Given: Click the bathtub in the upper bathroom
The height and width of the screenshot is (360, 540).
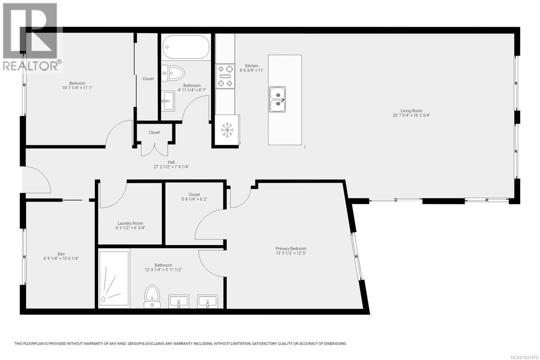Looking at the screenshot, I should click(x=186, y=47).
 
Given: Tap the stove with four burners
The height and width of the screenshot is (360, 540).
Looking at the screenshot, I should click(x=225, y=76).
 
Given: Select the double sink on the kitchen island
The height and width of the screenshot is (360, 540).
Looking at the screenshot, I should click(x=277, y=99).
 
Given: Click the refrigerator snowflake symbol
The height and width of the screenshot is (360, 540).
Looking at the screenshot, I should click(x=227, y=130).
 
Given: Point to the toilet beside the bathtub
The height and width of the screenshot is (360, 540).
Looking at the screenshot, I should click(x=173, y=73).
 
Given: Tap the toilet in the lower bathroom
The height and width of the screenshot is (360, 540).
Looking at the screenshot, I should click(x=152, y=296).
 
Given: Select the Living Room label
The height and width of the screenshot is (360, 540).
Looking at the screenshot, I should click(x=411, y=111).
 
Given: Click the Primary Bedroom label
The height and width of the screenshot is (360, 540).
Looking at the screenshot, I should click(x=291, y=249).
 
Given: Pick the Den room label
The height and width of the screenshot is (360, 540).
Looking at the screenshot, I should click(x=61, y=254).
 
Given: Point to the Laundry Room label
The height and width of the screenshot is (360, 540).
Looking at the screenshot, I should click(x=130, y=223).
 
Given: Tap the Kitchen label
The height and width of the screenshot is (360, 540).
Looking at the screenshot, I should click(x=251, y=66).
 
